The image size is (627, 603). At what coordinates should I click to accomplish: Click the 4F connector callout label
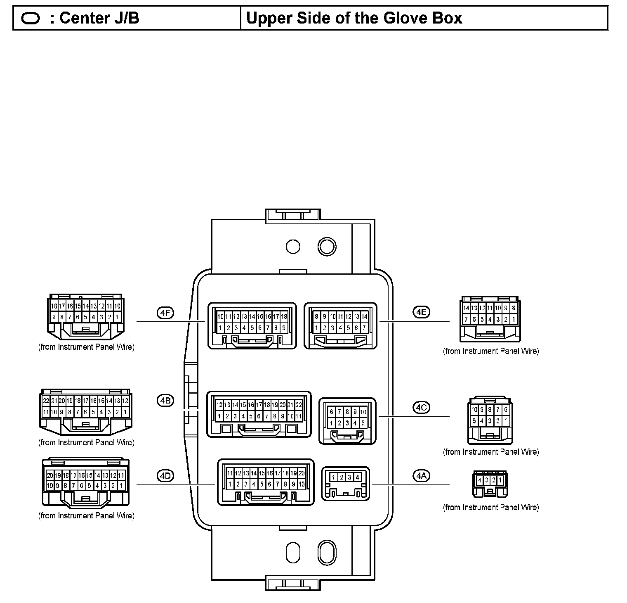[x=165, y=313]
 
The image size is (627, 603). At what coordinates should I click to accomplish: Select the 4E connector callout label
[x=421, y=312]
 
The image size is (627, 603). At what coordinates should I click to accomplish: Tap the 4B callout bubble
[x=165, y=400]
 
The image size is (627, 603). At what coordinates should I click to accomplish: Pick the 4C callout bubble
[x=421, y=407]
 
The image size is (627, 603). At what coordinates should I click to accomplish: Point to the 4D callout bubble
[x=165, y=476]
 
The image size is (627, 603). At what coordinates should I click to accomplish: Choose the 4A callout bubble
[x=421, y=476]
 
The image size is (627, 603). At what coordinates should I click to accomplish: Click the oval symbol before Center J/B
[x=30, y=19]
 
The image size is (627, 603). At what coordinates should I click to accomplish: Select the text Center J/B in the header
[x=99, y=18]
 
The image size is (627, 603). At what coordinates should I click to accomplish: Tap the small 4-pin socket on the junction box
[x=345, y=484]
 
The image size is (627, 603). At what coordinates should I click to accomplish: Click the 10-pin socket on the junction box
[x=347, y=421]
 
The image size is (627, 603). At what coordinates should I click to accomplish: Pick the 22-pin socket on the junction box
[x=259, y=414]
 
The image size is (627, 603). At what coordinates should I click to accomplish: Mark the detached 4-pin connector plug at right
[x=490, y=484]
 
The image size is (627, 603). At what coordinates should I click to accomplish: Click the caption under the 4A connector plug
[x=491, y=507]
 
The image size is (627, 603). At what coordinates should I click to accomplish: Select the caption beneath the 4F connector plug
[x=86, y=347]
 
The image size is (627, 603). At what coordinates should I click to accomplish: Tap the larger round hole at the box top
[x=327, y=247]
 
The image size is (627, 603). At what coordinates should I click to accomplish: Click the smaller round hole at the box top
[x=293, y=247]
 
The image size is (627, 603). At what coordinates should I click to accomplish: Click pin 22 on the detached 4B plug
[x=46, y=401]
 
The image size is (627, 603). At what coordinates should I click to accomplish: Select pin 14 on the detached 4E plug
[x=466, y=308]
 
